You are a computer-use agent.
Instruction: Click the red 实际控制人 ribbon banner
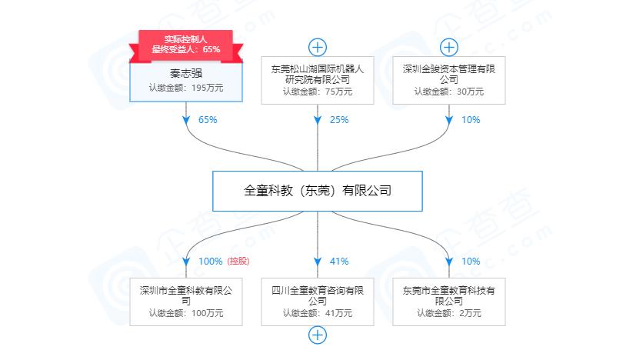point(185,44)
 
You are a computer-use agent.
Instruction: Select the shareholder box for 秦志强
point(185,82)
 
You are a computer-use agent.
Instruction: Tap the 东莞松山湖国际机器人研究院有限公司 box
point(318,80)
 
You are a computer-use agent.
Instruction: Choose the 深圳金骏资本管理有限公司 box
point(449,80)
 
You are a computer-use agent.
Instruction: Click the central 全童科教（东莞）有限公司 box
point(318,190)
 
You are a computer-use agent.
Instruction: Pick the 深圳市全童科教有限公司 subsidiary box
point(185,301)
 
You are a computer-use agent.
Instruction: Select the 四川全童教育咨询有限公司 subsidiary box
point(318,301)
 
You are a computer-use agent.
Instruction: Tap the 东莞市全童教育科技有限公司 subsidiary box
point(449,301)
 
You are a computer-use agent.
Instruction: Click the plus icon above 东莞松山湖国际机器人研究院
point(318,46)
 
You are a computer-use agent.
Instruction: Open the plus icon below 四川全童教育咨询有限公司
point(318,335)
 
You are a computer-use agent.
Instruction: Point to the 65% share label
point(208,120)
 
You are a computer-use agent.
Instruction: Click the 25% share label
point(339,120)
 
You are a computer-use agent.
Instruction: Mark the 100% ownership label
point(210,262)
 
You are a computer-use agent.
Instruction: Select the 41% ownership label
point(339,262)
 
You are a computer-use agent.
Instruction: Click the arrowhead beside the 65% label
point(186,120)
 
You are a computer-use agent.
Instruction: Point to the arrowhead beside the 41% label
point(318,262)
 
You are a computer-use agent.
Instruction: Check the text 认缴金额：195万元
point(185,88)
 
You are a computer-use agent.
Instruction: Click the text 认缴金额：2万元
point(449,313)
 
